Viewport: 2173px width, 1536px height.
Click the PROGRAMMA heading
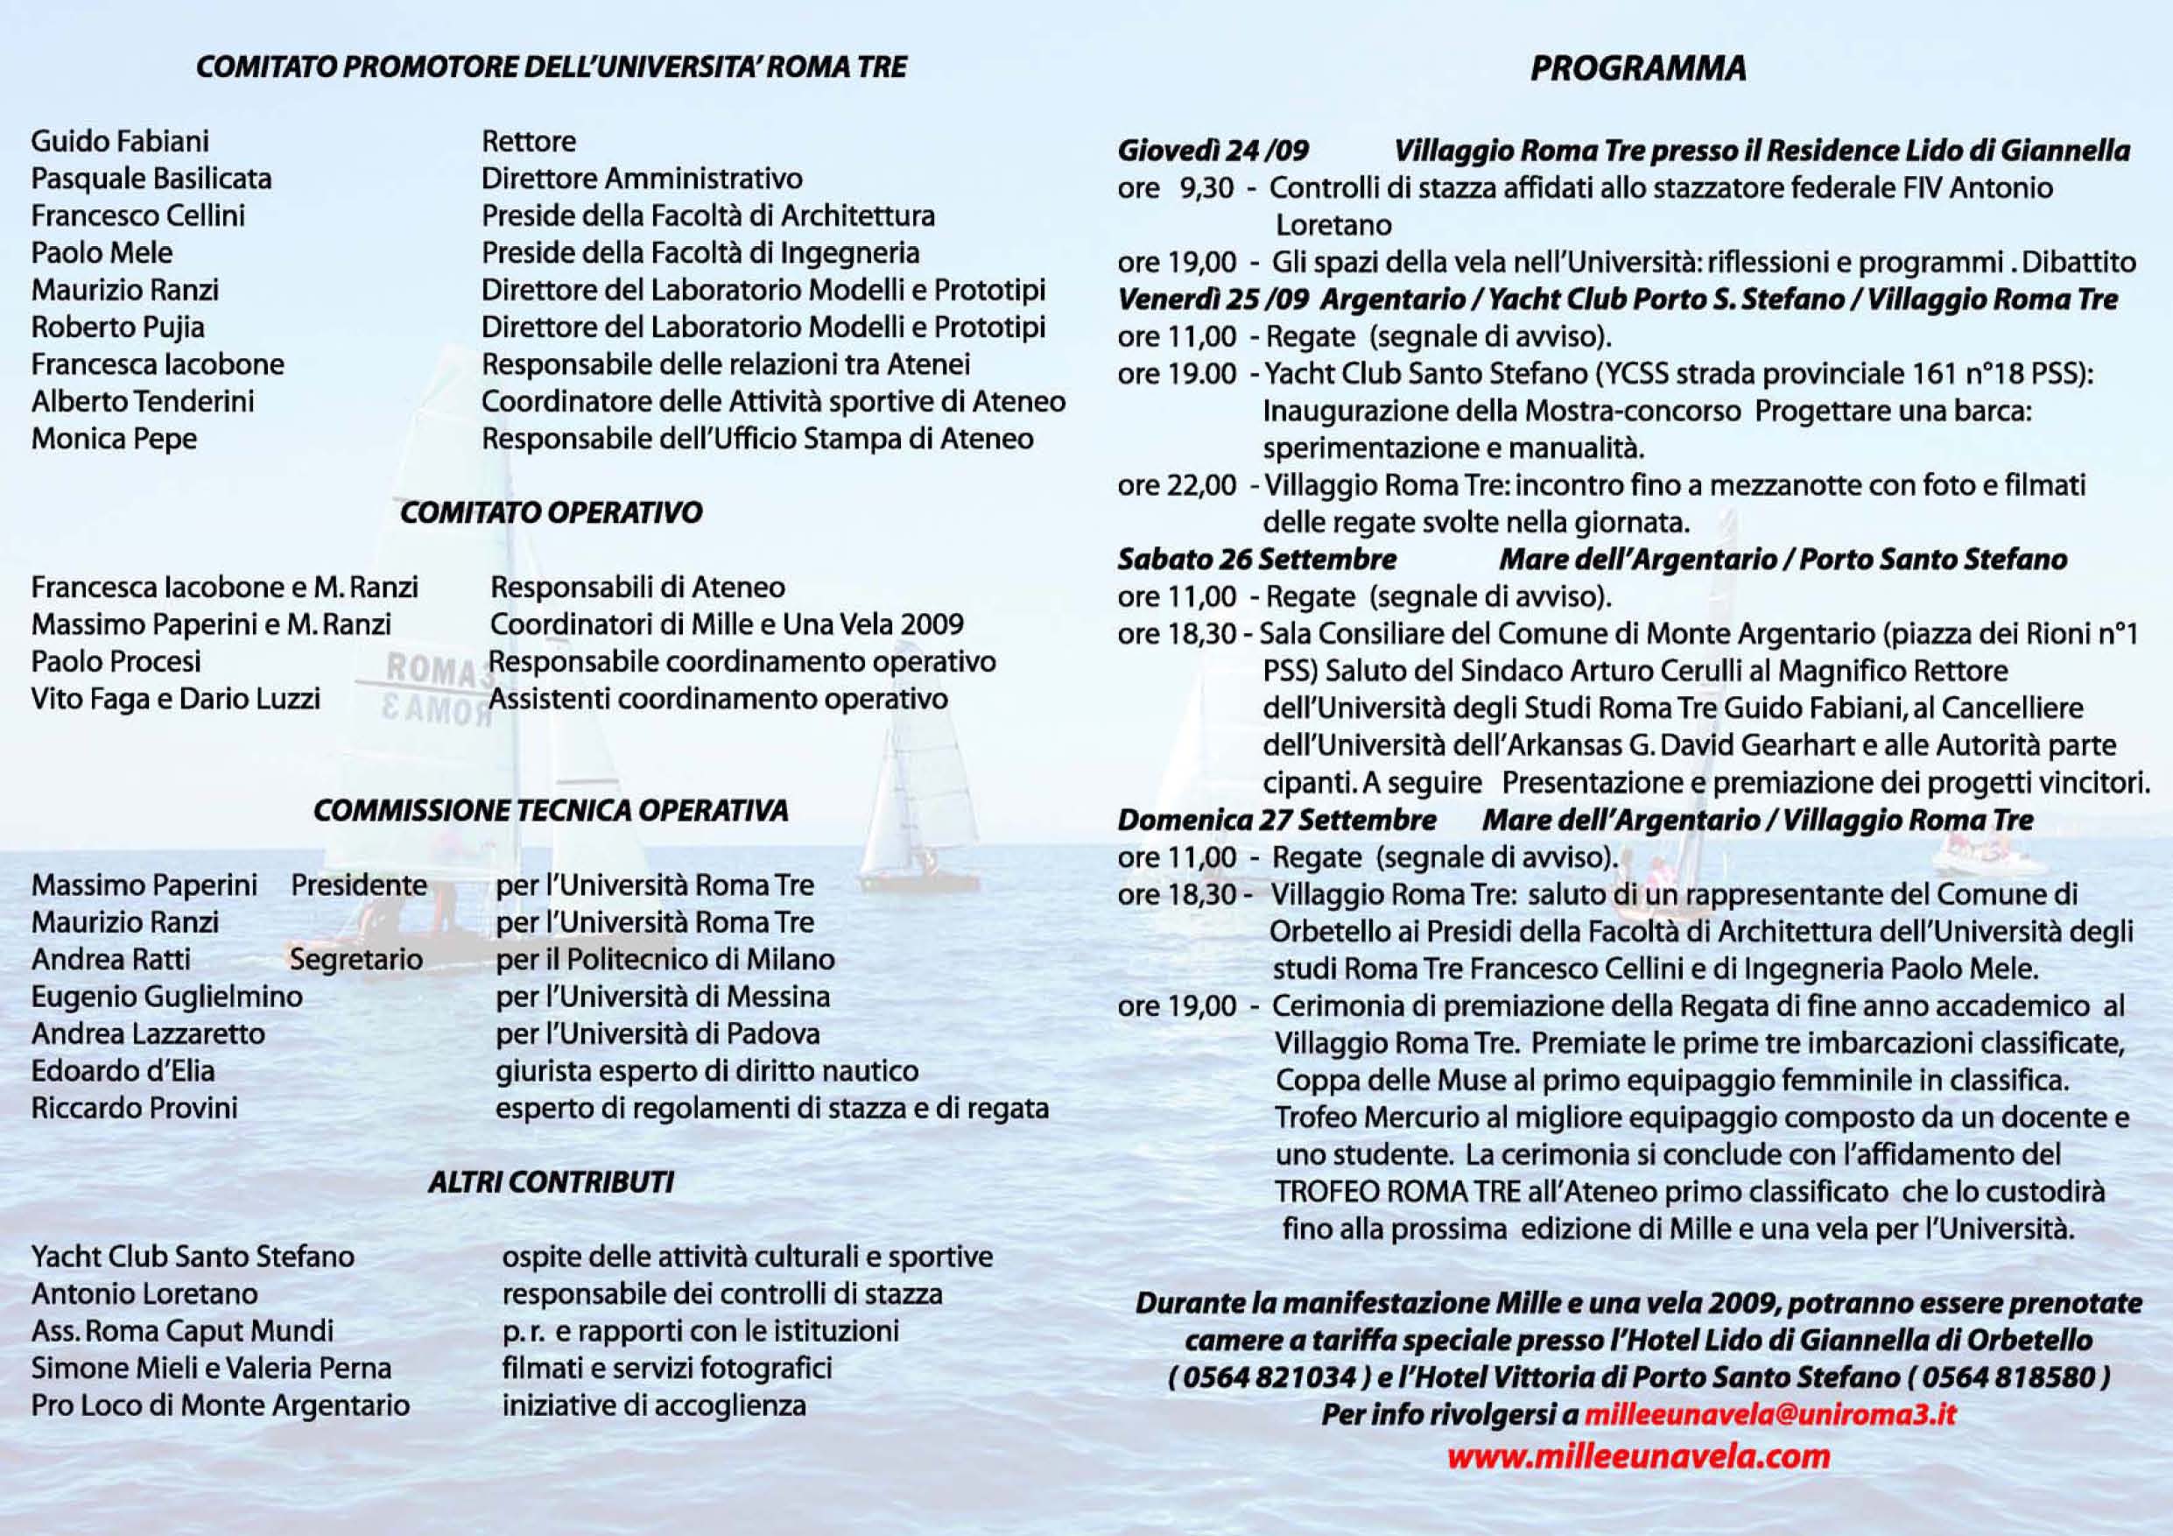pyautogui.click(x=1638, y=69)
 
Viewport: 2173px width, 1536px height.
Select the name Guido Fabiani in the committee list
pyautogui.click(x=120, y=142)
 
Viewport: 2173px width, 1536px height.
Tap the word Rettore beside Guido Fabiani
pyautogui.click(x=528, y=142)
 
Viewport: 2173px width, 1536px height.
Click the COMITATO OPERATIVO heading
pyautogui.click(x=551, y=513)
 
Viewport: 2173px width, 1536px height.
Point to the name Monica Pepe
pyautogui.click(x=114, y=439)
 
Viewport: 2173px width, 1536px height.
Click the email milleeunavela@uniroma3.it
pyautogui.click(x=1769, y=1414)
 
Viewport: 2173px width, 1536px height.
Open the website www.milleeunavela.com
pyautogui.click(x=1638, y=1455)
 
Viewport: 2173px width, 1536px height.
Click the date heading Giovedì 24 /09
pyautogui.click(x=1213, y=151)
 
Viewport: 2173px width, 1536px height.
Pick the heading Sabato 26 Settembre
pyautogui.click(x=1257, y=560)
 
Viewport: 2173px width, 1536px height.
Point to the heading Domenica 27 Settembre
pyautogui.click(x=1276, y=820)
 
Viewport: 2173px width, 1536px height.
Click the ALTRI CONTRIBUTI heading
pyautogui.click(x=551, y=1182)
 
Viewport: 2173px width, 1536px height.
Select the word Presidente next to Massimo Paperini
pyautogui.click(x=359, y=884)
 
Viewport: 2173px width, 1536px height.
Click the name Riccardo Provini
pyautogui.click(x=135, y=1109)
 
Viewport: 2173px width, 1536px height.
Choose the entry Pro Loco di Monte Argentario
pyautogui.click(x=221, y=1406)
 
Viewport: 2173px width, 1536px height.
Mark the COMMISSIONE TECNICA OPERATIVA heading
pyautogui.click(x=551, y=811)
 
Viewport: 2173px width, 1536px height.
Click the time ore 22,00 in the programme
pyautogui.click(x=1177, y=485)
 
